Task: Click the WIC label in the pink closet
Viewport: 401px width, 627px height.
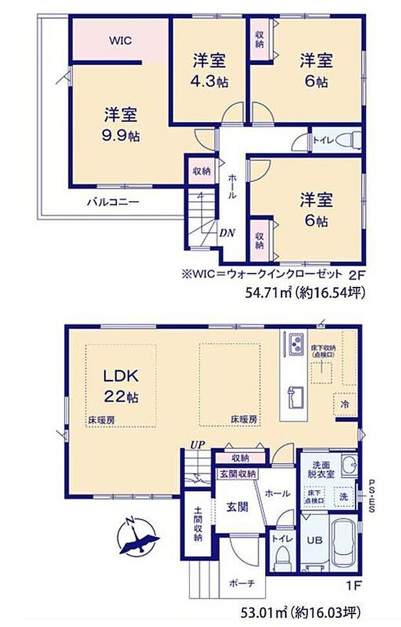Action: [120, 41]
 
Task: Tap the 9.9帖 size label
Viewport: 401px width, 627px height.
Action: [120, 136]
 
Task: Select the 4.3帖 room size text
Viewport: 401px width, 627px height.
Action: [209, 82]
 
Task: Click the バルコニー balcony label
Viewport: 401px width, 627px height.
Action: [113, 202]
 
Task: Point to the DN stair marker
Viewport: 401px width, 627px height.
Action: [226, 233]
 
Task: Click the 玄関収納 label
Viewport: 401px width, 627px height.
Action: [236, 474]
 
